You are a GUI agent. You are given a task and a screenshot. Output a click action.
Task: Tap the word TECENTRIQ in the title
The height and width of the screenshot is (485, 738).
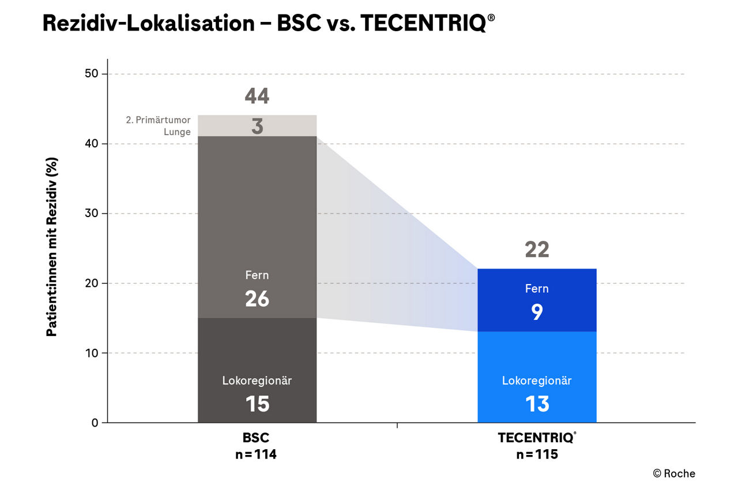tap(424, 23)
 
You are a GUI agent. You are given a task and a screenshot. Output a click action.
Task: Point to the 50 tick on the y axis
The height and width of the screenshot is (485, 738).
tap(92, 74)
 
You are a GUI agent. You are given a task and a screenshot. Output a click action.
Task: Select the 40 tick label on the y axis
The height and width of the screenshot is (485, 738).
tap(92, 144)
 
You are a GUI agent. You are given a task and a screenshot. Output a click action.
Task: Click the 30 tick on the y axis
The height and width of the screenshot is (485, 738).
tap(92, 214)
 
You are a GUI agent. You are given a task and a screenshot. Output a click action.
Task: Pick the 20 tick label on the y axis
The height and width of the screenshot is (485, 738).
tap(92, 283)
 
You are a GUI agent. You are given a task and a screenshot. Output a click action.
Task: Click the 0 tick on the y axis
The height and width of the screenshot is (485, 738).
tap(95, 423)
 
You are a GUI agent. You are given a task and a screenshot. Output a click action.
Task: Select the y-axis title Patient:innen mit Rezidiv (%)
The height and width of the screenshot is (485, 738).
tap(52, 247)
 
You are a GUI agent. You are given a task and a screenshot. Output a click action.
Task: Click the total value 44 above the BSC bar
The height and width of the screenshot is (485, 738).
tap(257, 96)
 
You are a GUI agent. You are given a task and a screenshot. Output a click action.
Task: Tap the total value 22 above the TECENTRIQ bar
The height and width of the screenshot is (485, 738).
tap(537, 249)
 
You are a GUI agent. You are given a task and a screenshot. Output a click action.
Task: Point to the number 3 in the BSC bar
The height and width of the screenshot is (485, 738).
tap(257, 127)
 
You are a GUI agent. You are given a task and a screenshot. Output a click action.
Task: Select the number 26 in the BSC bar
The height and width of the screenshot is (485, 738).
tap(257, 299)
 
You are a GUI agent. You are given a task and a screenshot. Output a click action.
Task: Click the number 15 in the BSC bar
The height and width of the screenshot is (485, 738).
tap(257, 404)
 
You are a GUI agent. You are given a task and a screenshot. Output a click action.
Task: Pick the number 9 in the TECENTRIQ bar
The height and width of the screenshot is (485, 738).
tap(537, 312)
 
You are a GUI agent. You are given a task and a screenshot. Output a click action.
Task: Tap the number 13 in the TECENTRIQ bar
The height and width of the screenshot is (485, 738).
tap(537, 404)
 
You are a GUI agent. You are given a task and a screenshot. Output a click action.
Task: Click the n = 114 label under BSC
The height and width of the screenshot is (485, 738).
tap(257, 454)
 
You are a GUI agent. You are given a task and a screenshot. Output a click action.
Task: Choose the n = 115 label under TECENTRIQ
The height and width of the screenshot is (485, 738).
tap(537, 454)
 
